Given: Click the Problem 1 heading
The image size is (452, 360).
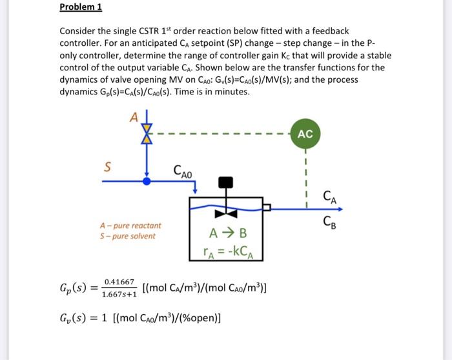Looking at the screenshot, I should (x=81, y=8).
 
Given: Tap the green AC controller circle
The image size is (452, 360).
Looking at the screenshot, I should (x=305, y=134).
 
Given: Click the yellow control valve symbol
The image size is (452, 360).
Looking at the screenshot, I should (x=147, y=134).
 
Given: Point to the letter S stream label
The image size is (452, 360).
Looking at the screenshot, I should (x=107, y=167).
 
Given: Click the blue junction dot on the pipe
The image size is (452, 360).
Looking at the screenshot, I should (x=147, y=182).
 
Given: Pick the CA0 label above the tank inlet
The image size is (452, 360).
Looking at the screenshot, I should (x=183, y=171).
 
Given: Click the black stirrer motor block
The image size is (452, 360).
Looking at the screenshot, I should (x=225, y=182).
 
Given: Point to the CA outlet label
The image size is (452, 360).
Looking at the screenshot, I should (x=329, y=196).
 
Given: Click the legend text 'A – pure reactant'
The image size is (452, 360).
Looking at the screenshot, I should (x=130, y=226).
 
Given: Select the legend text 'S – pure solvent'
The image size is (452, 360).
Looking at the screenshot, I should (x=127, y=236).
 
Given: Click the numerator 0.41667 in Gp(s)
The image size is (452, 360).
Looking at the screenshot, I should (x=120, y=282).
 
